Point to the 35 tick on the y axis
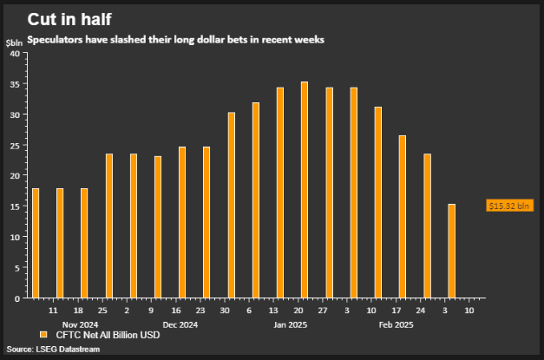click(x=15, y=84)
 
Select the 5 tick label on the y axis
click(x=17, y=267)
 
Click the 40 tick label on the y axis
click(x=15, y=54)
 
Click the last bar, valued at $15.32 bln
click(x=451, y=251)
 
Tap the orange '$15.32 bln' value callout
click(x=508, y=206)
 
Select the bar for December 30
click(x=232, y=205)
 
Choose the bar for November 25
click(x=109, y=226)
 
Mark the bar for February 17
click(x=403, y=216)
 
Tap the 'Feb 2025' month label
click(x=396, y=325)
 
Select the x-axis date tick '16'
click(x=176, y=310)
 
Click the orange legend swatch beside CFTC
click(x=43, y=335)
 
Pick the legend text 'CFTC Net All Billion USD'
click(x=108, y=335)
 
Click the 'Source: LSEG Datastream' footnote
click(x=53, y=349)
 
